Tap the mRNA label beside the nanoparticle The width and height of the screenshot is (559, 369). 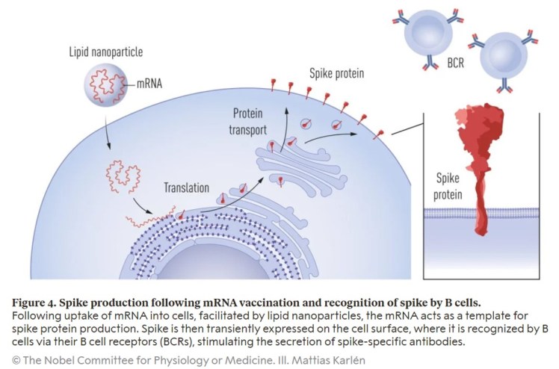[154, 83]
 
